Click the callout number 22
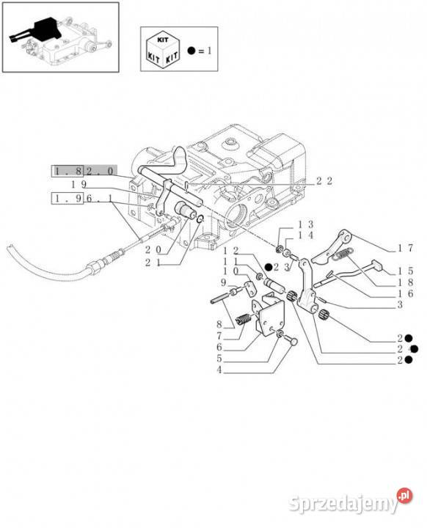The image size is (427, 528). pyautogui.click(x=324, y=181)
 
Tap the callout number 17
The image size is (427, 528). pyautogui.click(x=405, y=248)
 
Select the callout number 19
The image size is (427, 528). pyautogui.click(x=79, y=184)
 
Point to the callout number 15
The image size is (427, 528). pyautogui.click(x=405, y=271)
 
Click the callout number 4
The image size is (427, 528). pyautogui.click(x=219, y=370)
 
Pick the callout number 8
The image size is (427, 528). pyautogui.click(x=219, y=325)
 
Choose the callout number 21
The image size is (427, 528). pyautogui.click(x=153, y=263)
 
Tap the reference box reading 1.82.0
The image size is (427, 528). pyautogui.click(x=84, y=171)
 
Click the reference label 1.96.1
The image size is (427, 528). pyautogui.click(x=82, y=198)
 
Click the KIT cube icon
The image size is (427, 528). pyautogui.click(x=163, y=50)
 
